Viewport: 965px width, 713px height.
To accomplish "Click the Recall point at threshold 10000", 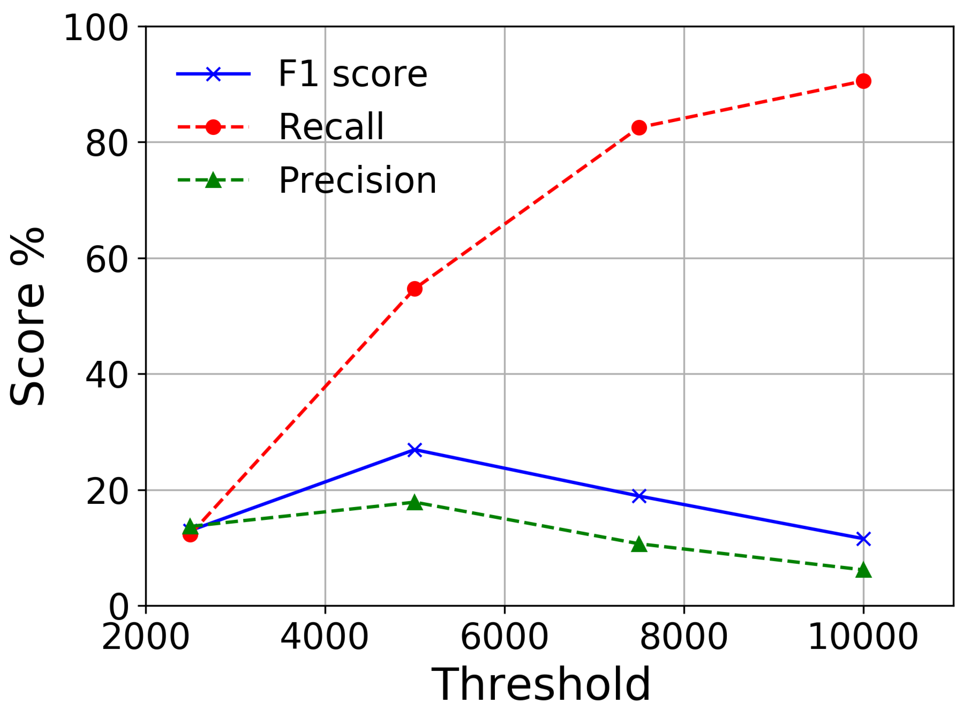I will (x=863, y=81).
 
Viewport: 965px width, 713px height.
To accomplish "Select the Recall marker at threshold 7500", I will (x=639, y=128).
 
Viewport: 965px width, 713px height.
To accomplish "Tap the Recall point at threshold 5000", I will (x=415, y=289).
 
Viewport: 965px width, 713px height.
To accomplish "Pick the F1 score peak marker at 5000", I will (x=415, y=450).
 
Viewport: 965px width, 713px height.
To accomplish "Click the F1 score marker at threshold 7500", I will (x=639, y=496).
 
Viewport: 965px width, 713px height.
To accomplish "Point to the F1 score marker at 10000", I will (x=863, y=539).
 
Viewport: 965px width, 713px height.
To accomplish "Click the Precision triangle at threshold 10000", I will (x=863, y=570).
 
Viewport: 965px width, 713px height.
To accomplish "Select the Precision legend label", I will (x=357, y=180).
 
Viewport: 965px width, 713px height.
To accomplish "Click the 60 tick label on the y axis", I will (x=107, y=260).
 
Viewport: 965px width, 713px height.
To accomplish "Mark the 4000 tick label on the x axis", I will (x=324, y=637).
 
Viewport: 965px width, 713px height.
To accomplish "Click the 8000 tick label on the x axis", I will (x=684, y=637).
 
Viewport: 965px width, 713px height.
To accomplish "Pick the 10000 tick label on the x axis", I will (x=863, y=637).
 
